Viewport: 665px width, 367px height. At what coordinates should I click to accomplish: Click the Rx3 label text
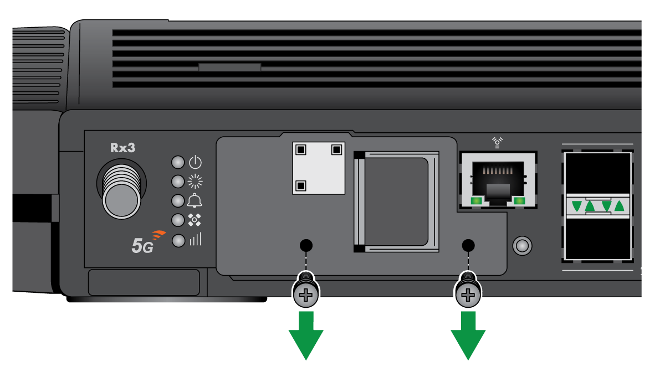(122, 148)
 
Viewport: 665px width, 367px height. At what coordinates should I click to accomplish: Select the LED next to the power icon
(178, 162)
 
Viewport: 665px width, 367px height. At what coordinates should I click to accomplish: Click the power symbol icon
(195, 162)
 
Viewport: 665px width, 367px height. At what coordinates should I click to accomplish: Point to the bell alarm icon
(195, 200)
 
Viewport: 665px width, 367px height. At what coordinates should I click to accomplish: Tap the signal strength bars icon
(195, 240)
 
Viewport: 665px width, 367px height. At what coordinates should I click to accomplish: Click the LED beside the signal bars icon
(178, 241)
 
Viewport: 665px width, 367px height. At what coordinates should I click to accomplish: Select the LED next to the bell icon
(178, 200)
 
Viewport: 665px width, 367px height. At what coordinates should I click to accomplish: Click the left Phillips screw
(306, 294)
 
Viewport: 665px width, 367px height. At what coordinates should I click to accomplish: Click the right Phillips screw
(468, 294)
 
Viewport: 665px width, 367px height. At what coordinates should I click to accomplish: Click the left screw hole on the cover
(306, 245)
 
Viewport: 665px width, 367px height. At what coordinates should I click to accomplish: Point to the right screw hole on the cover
(468, 245)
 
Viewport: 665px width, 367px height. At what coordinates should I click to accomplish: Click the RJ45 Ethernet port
(498, 180)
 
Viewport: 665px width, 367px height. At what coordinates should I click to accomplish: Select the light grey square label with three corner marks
(319, 168)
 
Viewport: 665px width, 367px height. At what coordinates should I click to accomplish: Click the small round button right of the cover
(522, 245)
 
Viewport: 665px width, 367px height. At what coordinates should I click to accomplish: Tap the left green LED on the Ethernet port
(475, 200)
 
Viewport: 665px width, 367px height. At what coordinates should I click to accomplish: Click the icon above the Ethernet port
(498, 143)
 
